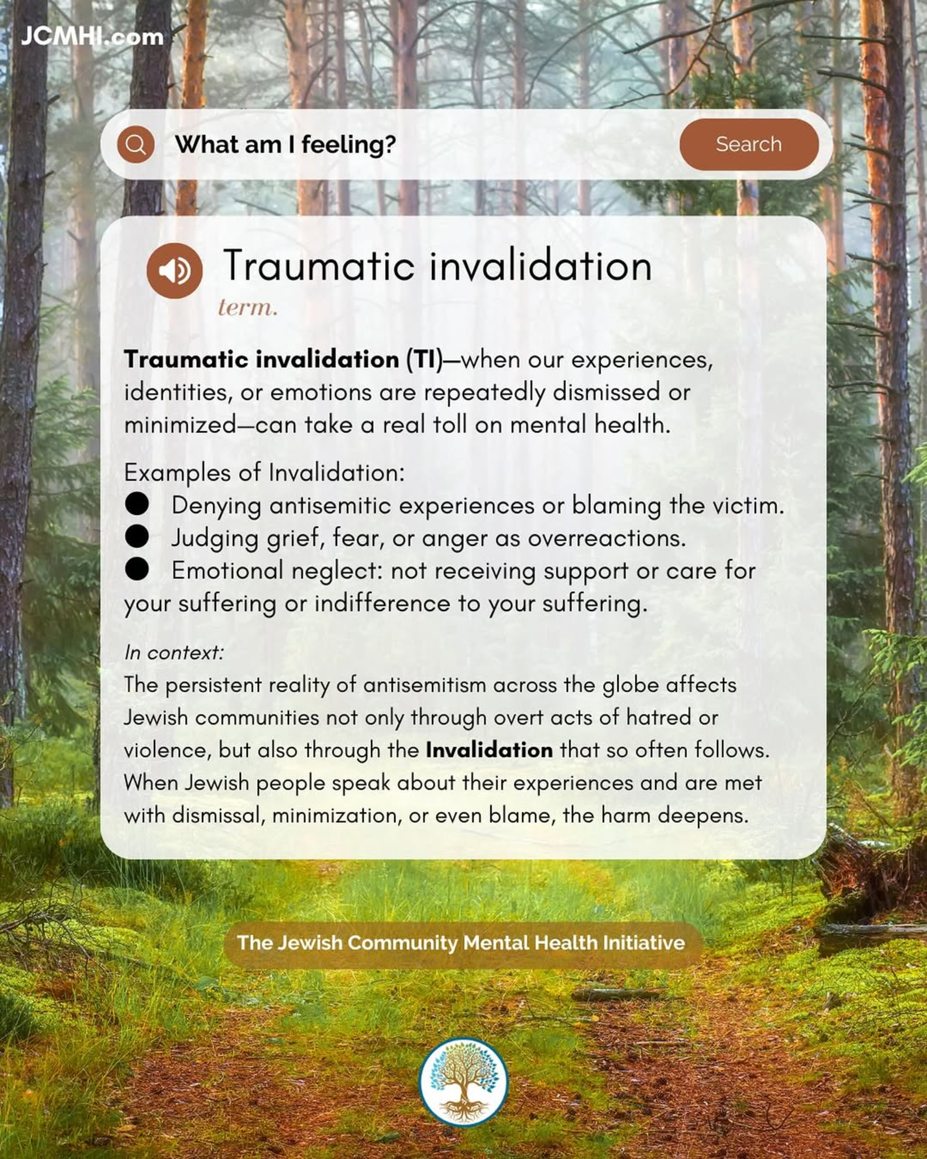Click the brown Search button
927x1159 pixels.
(x=749, y=144)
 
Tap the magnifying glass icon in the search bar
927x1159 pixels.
(x=135, y=144)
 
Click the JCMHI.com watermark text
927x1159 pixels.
(x=92, y=36)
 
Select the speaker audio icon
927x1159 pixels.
(x=174, y=270)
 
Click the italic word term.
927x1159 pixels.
(x=248, y=307)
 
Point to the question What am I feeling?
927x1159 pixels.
(x=285, y=144)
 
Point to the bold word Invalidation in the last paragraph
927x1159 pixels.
(x=489, y=750)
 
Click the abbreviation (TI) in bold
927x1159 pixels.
(x=424, y=360)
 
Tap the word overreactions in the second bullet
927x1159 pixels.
(x=607, y=538)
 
